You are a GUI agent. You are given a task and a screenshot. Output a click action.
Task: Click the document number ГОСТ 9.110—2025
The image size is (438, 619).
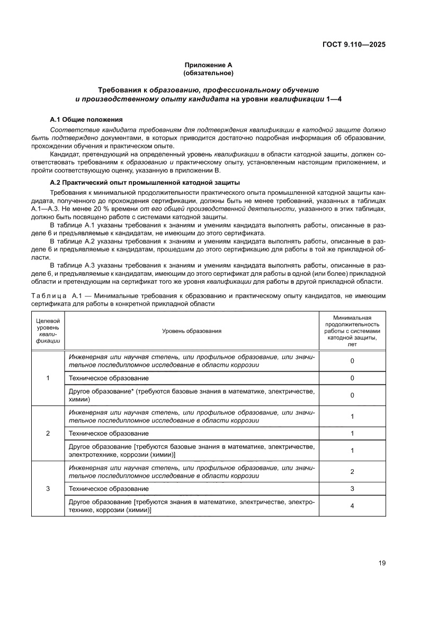point(353,44)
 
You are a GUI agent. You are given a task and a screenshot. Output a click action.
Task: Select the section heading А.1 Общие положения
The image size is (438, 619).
point(86,120)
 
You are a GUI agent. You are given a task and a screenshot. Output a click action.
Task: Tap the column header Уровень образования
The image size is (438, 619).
point(192,330)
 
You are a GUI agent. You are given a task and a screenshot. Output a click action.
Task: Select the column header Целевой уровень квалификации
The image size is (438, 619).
point(48,330)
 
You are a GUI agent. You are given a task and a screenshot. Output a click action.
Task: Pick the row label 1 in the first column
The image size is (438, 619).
point(48,378)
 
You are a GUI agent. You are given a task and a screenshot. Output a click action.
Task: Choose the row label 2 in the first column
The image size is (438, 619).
point(48,433)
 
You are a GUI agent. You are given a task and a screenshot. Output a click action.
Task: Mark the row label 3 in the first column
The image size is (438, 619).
point(48,488)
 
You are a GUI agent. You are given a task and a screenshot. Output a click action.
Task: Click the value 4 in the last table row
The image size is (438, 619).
point(352,506)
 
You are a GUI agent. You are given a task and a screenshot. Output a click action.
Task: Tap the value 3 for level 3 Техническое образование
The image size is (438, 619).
point(352,488)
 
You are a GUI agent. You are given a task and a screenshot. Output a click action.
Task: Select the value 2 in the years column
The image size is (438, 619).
point(352,471)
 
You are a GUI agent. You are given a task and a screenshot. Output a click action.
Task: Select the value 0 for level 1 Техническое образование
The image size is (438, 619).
point(352,378)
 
